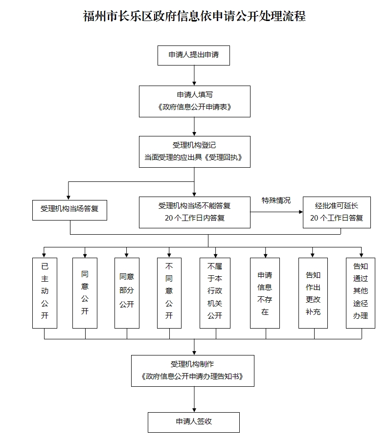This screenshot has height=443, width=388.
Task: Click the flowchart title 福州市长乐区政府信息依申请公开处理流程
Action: (x=194, y=16)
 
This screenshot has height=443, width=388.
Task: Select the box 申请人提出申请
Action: (x=194, y=55)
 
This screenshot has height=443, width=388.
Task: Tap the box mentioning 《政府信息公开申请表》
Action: (x=195, y=101)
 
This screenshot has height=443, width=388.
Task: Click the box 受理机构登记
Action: (x=195, y=152)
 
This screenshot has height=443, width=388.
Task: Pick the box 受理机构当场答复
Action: (x=69, y=210)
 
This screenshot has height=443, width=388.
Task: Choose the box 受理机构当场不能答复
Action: (x=195, y=213)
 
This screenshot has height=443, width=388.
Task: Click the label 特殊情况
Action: (x=276, y=200)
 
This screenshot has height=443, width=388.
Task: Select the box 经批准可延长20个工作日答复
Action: (x=337, y=213)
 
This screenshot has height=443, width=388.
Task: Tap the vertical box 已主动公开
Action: (x=45, y=293)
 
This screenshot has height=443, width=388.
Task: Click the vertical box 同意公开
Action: (x=85, y=293)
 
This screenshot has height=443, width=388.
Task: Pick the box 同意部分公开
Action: (x=127, y=293)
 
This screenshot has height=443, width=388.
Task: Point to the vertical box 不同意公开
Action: (x=169, y=293)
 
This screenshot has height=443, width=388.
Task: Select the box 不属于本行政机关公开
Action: (x=215, y=293)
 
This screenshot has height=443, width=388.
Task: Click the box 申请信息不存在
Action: (x=265, y=293)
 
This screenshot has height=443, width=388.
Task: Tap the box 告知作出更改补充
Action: (x=313, y=293)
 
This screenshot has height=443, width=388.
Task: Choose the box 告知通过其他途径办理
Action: (x=361, y=293)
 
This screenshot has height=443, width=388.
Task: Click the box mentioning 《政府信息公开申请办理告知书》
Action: (x=193, y=371)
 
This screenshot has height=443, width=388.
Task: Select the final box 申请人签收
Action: (x=194, y=422)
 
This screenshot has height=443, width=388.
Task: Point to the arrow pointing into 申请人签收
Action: (x=194, y=399)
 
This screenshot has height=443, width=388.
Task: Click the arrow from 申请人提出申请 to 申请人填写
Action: (x=194, y=75)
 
